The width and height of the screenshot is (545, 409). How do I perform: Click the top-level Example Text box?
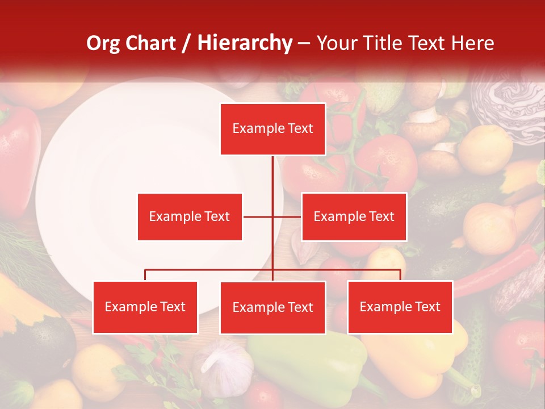tap(272, 129)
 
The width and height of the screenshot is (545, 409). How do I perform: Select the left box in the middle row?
tap(190, 216)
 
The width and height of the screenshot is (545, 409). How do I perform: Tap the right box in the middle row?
tap(354, 216)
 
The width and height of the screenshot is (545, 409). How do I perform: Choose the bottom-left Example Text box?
tap(145, 307)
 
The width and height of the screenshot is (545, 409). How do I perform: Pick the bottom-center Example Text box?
tap(272, 307)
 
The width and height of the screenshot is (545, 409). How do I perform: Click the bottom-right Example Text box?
tap(400, 307)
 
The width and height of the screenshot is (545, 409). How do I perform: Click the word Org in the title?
tap(102, 43)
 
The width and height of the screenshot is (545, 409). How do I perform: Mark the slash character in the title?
tap(186, 43)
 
